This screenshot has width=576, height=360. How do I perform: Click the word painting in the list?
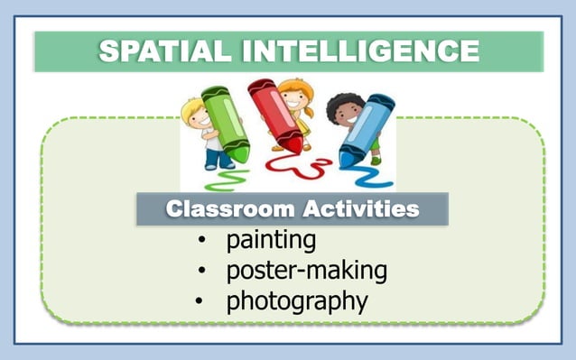(271, 241)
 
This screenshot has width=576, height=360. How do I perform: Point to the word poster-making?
(306, 271)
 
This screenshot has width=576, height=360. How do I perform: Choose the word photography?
(297, 300)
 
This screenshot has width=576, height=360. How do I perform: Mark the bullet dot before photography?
(199, 300)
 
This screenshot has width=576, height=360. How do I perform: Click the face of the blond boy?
(196, 115)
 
